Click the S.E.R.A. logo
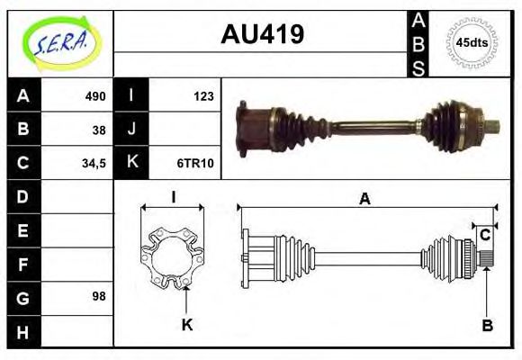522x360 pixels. point(59,40)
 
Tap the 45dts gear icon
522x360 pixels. point(472,42)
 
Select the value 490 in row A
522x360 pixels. point(94,95)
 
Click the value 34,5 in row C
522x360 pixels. point(94,163)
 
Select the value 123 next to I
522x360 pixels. point(202,95)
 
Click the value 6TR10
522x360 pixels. point(194,163)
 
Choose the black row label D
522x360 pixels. point(22,195)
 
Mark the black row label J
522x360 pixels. point(131,129)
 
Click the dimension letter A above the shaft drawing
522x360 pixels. point(364,200)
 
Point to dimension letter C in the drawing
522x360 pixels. point(484,235)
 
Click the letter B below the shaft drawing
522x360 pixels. point(487,325)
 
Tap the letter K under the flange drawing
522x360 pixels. point(187,325)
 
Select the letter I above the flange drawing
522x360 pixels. point(173,197)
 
